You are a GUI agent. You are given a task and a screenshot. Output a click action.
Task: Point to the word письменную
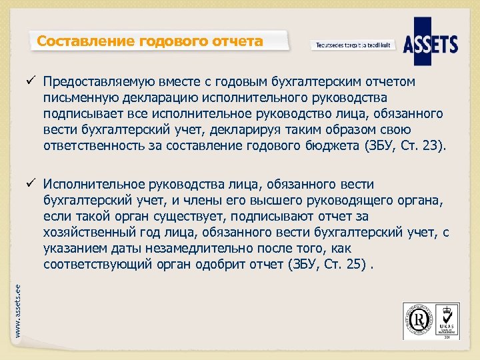77,97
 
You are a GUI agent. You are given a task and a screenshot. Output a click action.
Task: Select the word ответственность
93,145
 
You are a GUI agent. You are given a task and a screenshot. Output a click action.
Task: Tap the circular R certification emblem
420,321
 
